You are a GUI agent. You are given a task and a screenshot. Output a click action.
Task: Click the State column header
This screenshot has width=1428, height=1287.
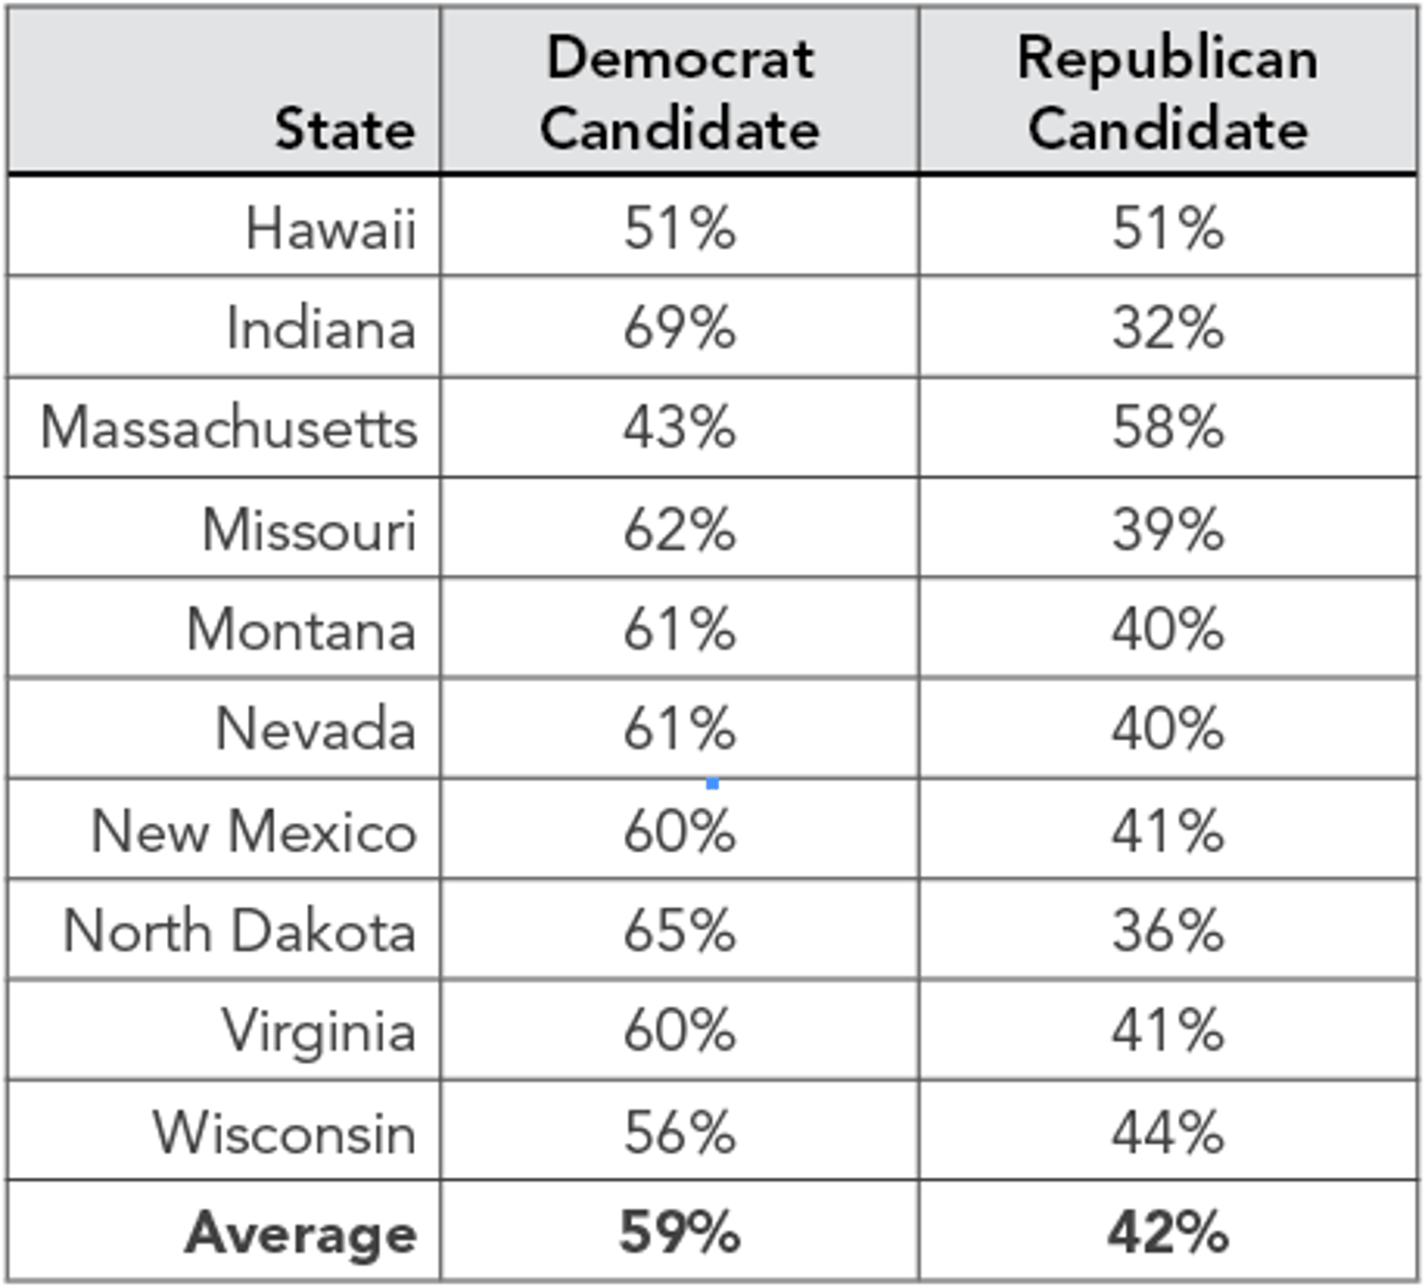pyautogui.click(x=344, y=128)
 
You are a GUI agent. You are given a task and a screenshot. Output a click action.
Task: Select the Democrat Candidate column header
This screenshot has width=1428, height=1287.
pyautogui.click(x=679, y=93)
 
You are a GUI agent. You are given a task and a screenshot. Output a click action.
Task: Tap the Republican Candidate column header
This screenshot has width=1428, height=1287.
pyautogui.click(x=1167, y=93)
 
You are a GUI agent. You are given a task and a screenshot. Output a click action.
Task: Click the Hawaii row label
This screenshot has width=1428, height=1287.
pyautogui.click(x=330, y=229)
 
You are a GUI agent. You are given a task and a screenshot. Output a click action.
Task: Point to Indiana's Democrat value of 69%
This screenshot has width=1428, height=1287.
pyautogui.click(x=679, y=328)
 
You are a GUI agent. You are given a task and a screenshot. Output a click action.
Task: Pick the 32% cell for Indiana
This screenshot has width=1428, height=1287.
pyautogui.click(x=1167, y=328)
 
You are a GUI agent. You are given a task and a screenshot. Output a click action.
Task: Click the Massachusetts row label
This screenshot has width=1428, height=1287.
pyautogui.click(x=229, y=427)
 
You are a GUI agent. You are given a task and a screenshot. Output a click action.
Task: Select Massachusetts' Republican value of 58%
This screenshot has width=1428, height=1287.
pyautogui.click(x=1167, y=427)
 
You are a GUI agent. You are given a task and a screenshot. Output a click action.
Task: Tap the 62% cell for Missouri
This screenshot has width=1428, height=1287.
pyautogui.click(x=679, y=530)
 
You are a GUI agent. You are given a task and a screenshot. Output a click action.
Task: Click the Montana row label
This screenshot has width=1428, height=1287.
pyautogui.click(x=301, y=630)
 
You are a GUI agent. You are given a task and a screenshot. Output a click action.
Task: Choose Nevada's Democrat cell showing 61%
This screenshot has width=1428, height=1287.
pyautogui.click(x=679, y=728)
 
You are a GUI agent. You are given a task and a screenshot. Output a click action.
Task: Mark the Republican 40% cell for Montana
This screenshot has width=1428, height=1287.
pyautogui.click(x=1167, y=630)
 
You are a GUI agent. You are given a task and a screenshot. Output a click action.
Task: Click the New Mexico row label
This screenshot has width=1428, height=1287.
pyautogui.click(x=254, y=831)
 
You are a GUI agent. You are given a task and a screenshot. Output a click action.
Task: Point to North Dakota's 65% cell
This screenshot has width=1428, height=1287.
pyautogui.click(x=679, y=931)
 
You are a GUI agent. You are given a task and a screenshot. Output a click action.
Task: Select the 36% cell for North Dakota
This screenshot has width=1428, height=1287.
pyautogui.click(x=1167, y=931)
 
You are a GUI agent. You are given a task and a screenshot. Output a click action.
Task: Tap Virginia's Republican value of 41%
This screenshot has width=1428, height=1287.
pyautogui.click(x=1167, y=1030)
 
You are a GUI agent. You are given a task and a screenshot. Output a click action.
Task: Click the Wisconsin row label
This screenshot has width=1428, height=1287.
pyautogui.click(x=285, y=1132)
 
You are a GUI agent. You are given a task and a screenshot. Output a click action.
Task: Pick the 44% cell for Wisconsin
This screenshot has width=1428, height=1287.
pyautogui.click(x=1167, y=1132)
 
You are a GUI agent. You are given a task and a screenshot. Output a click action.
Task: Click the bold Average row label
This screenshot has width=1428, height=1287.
pyautogui.click(x=301, y=1233)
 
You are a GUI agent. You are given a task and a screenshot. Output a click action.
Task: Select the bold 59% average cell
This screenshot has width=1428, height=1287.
pyautogui.click(x=679, y=1233)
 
